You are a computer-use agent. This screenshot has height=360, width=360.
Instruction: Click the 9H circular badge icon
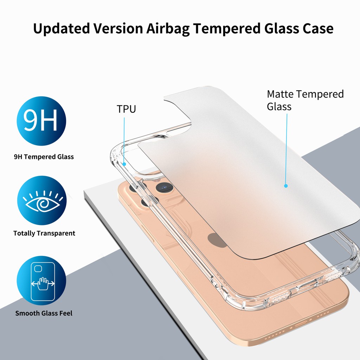coord(41,121)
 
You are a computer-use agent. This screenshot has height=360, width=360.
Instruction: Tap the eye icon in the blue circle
coord(41,200)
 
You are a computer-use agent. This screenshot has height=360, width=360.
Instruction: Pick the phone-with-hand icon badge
coord(41,280)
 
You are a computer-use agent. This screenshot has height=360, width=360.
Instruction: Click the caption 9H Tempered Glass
coord(44,157)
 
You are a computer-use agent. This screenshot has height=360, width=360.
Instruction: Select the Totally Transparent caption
coord(44,233)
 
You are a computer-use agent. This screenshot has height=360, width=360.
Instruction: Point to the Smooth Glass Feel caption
coord(44,313)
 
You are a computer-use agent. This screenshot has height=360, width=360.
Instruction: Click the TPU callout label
coord(126,109)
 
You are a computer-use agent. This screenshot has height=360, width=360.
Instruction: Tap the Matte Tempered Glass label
coord(305,100)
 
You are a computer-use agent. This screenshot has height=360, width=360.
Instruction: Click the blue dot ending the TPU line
coord(124,163)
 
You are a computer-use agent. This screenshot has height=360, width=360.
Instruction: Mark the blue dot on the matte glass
coord(286,186)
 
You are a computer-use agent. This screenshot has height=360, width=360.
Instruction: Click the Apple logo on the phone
coord(217,239)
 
